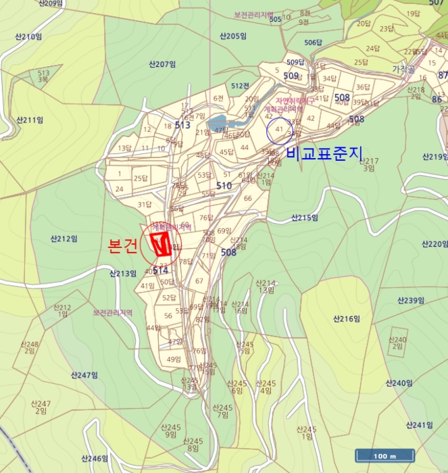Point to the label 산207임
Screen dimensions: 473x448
[x=162, y=64]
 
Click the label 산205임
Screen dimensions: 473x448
[x=232, y=36]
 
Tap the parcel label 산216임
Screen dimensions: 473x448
[x=346, y=318]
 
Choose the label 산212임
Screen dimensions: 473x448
[x=64, y=239]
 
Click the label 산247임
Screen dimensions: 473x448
[x=84, y=375]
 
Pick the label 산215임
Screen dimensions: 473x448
[x=304, y=218]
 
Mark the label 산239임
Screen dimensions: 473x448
[x=412, y=300]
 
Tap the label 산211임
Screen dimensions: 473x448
[x=28, y=120]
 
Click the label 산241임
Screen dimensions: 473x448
[x=419, y=425]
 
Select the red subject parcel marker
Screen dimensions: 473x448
[x=160, y=244]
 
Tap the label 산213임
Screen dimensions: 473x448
[x=123, y=274]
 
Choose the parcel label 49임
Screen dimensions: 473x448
[x=174, y=359]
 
